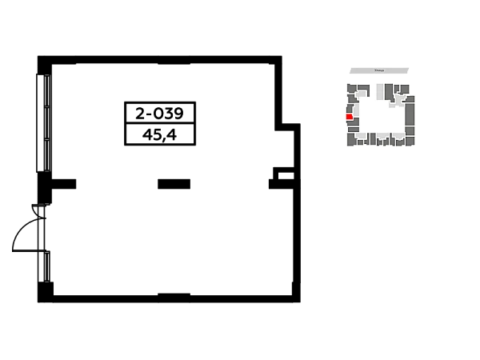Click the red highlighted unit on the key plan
coord(349,117)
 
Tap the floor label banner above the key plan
coord(378,70)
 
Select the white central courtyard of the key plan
coord(383,116)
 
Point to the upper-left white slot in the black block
coord(131,115)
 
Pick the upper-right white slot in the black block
coord(189,115)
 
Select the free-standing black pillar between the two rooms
coord(173,182)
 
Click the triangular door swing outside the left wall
coord(22,238)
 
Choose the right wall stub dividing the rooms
coord(275,182)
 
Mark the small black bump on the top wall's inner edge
coord(173,67)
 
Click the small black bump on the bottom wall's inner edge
coord(173,291)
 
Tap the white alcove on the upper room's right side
coord(278,150)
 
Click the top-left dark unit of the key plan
coord(352,88)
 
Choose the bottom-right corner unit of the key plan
coord(410,142)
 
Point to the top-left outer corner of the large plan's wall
coord(34,54)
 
